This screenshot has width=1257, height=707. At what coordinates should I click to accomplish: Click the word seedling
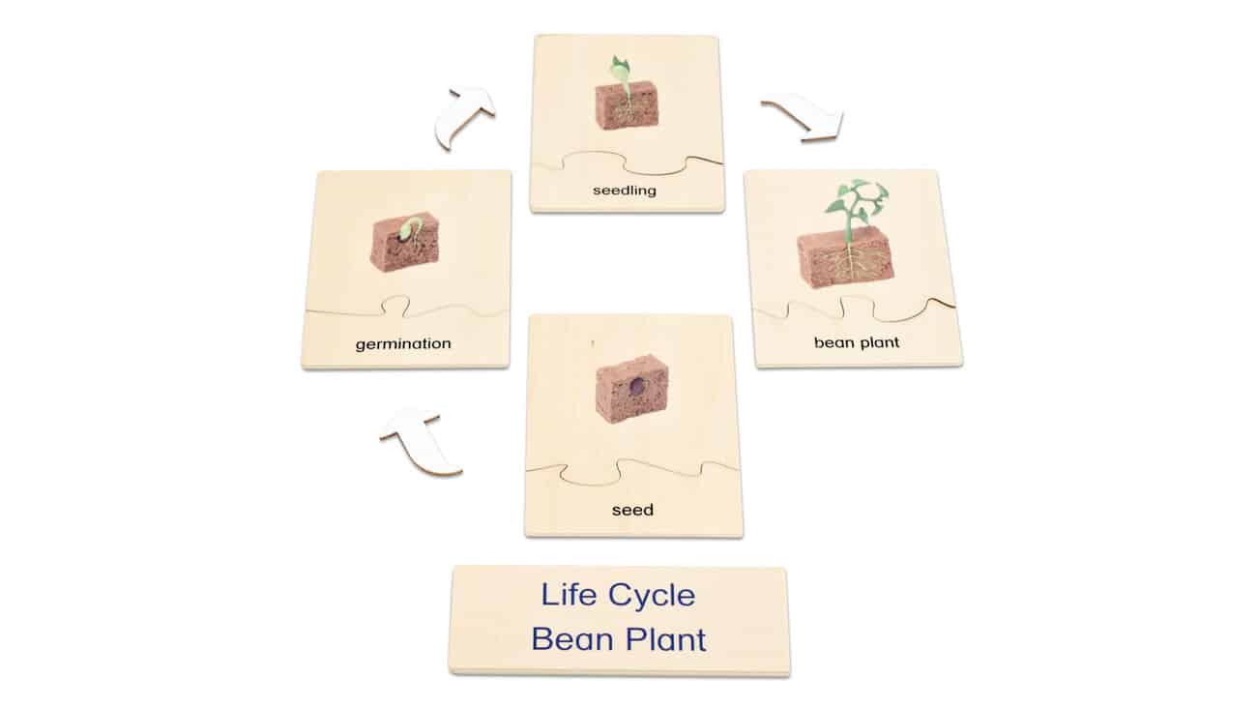(625, 191)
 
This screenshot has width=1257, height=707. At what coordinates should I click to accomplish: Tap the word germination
(403, 343)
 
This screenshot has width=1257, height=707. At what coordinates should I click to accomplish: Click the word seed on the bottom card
(632, 510)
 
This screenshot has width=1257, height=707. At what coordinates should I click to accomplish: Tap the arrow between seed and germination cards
(420, 439)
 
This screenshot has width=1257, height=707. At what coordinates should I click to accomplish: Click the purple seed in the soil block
(637, 387)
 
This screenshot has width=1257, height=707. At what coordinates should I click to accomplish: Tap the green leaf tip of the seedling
(619, 69)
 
